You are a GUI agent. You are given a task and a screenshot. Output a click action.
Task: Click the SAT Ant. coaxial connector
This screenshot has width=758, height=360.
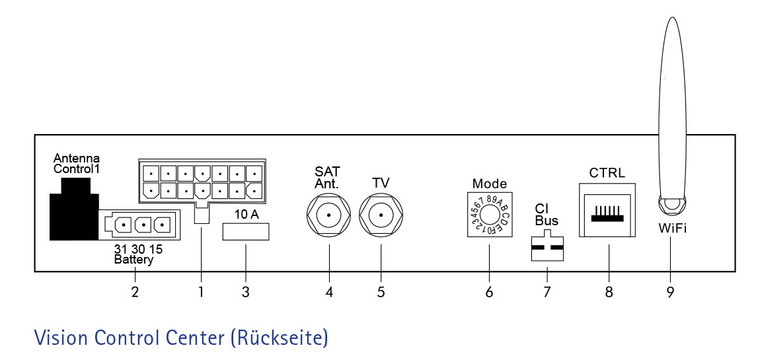pyautogui.click(x=329, y=215)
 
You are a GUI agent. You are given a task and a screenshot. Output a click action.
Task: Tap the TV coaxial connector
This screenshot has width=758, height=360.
pyautogui.click(x=381, y=215)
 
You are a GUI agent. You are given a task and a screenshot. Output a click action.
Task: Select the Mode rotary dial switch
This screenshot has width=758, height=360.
pyautogui.click(x=489, y=213)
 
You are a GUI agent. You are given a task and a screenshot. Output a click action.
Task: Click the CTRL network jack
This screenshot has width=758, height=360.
pyautogui.click(x=607, y=210)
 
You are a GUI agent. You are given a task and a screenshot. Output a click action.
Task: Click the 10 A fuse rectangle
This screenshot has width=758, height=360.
pyautogui.click(x=246, y=231)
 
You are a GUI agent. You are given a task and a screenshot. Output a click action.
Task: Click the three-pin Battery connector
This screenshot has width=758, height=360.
pyautogui.click(x=139, y=225)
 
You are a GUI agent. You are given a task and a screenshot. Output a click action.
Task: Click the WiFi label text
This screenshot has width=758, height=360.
pyautogui.click(x=672, y=228)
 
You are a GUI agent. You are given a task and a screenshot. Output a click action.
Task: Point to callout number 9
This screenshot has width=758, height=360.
pyautogui.click(x=670, y=293)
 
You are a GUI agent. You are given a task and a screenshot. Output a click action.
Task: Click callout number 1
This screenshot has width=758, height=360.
pyautogui.click(x=201, y=293)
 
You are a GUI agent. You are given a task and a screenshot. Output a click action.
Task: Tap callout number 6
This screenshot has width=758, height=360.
pyautogui.click(x=489, y=293)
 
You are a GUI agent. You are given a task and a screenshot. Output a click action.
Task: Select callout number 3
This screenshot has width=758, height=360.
pyautogui.click(x=246, y=293)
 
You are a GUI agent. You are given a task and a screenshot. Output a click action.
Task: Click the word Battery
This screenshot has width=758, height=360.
pyautogui.click(x=134, y=260)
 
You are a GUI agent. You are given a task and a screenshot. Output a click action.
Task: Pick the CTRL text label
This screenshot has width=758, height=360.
pyautogui.click(x=607, y=172)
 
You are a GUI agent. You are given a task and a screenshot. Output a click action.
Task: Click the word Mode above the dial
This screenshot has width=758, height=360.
pyautogui.click(x=490, y=184)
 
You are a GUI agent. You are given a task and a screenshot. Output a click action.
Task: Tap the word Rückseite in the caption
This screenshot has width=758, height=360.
pyautogui.click(x=279, y=338)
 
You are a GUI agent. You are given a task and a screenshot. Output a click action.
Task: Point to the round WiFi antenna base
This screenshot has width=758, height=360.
pyautogui.click(x=672, y=205)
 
